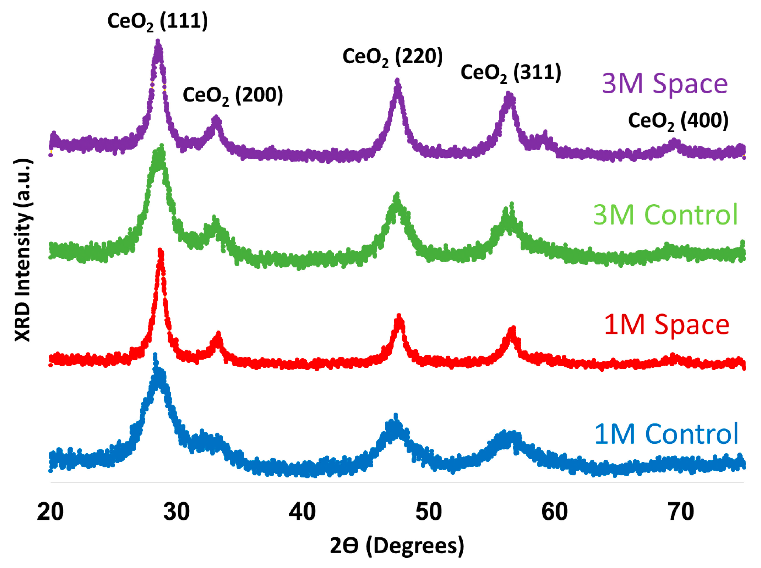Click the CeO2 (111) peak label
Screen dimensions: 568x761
[158, 21]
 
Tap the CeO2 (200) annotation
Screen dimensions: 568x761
[233, 96]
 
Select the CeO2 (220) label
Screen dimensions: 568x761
[392, 57]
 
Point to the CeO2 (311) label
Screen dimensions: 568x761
[511, 73]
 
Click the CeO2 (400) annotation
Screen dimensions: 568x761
[678, 121]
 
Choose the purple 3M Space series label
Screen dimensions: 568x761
[665, 84]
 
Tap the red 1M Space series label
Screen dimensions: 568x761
[667, 325]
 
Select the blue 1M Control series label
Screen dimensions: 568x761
[667, 434]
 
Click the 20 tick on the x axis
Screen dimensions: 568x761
[50, 512]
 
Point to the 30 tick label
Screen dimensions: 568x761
[176, 512]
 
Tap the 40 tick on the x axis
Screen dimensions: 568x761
[302, 512]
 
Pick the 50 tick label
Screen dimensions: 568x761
[428, 512]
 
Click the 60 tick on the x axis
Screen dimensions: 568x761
[554, 512]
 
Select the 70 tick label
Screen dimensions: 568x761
[681, 512]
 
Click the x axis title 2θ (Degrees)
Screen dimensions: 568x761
[397, 546]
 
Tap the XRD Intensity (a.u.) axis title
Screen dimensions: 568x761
[23, 250]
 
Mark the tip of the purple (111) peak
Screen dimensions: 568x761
[158, 41]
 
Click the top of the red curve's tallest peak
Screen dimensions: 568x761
[160, 251]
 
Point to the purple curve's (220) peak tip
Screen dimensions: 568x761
[397, 80]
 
